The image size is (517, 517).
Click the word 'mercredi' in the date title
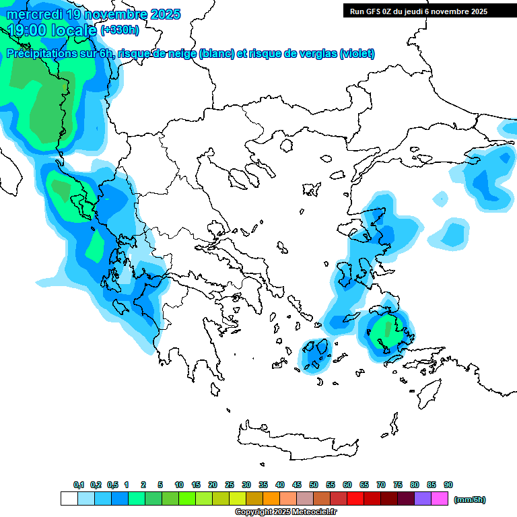coord(34,14)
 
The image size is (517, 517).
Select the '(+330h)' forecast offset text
coord(120,30)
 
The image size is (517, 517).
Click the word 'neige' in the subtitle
coord(180,54)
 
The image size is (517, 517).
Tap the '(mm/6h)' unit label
coord(469,499)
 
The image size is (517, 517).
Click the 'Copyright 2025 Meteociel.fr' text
coord(285,512)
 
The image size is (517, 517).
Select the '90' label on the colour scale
coord(448,485)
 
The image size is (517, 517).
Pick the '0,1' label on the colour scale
coord(79,485)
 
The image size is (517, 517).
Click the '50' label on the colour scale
coord(314,485)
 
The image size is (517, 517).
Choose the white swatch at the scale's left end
coord(69,499)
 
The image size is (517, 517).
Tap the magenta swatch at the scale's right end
coord(440,499)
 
